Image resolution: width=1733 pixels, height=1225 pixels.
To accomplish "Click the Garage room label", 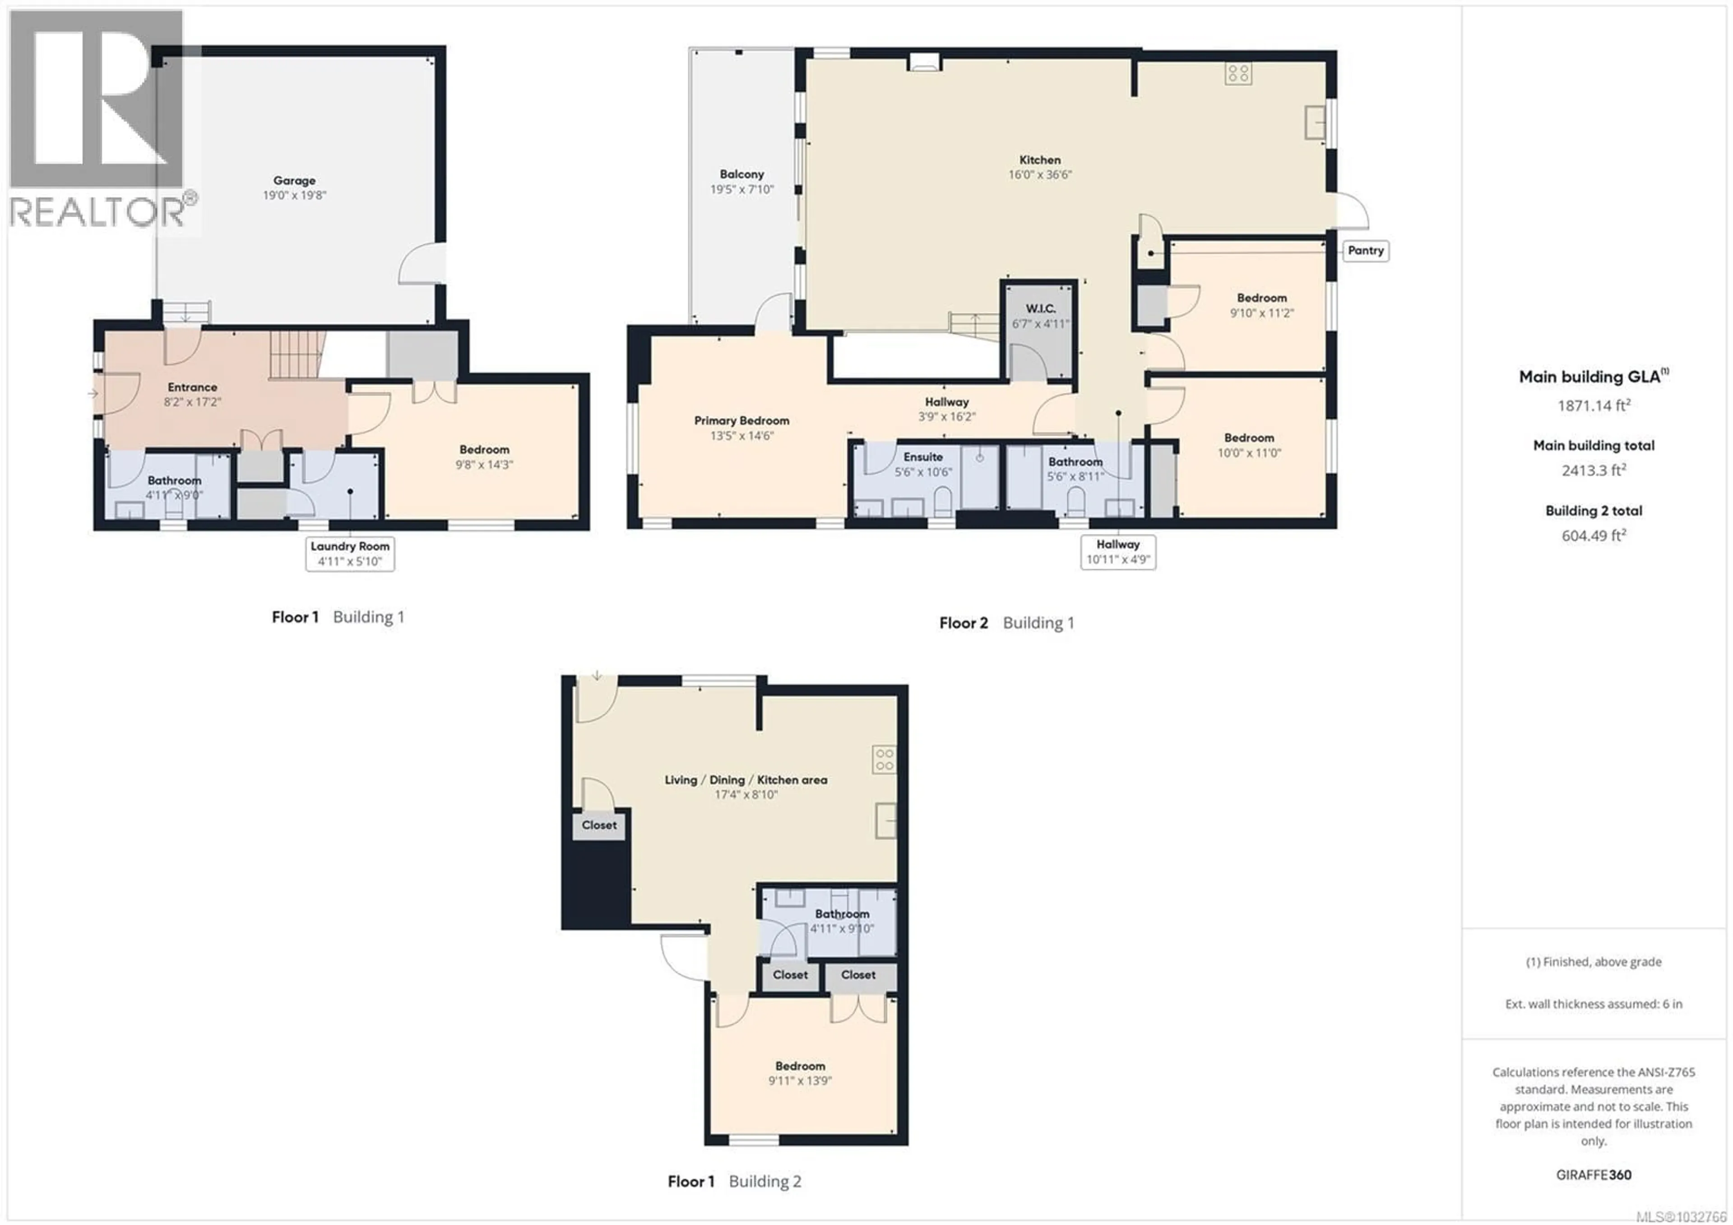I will click(294, 181).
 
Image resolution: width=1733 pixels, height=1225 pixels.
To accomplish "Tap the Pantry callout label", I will click(1366, 251).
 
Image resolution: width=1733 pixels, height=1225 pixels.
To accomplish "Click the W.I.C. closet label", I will click(1040, 309).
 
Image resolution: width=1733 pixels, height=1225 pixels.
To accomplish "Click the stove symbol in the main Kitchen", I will click(1238, 73).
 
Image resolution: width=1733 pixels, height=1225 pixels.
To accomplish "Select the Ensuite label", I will click(922, 457).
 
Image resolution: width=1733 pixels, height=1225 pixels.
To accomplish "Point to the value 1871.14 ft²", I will click(1594, 405).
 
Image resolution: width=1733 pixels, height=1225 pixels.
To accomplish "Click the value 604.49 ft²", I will click(1594, 535).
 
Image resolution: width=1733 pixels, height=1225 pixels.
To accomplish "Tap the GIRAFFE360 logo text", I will click(1594, 1174).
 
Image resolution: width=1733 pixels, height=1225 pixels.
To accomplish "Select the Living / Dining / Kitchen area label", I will click(745, 780).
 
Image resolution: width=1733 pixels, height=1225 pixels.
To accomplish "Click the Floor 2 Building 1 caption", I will click(1006, 623).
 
